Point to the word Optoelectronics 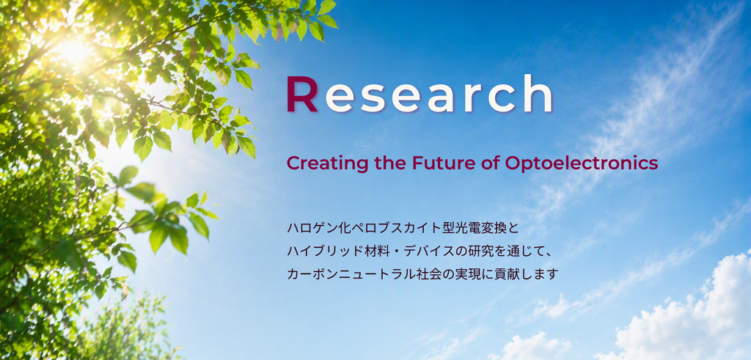tap(582, 164)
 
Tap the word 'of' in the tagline tap(488, 164)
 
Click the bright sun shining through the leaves tap(73, 51)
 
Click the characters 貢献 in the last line tap(518, 274)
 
